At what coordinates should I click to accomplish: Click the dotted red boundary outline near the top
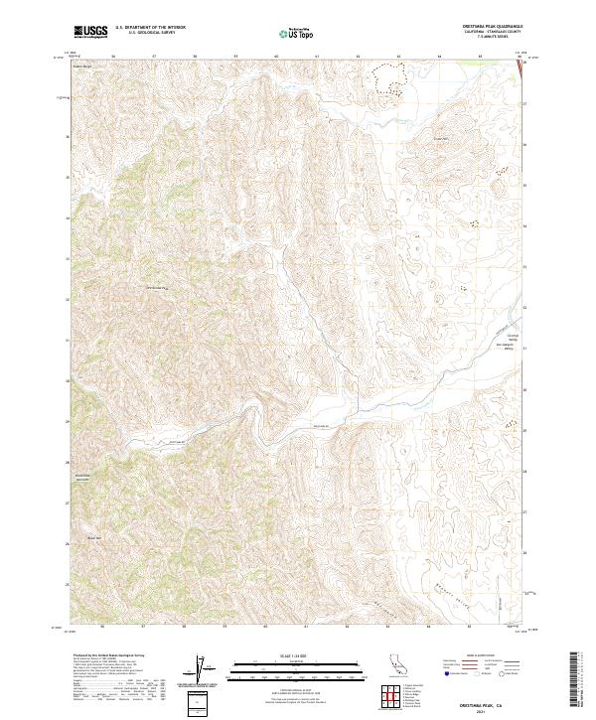[x=390, y=75]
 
